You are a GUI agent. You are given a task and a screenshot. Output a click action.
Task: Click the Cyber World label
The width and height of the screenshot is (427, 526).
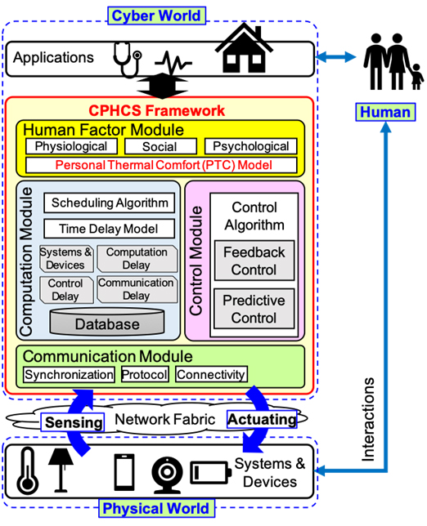(x=156, y=16)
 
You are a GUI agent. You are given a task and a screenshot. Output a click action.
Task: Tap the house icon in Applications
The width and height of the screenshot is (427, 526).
(x=244, y=48)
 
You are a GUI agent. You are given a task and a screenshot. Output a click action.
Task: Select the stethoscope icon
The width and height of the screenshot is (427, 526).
(x=128, y=60)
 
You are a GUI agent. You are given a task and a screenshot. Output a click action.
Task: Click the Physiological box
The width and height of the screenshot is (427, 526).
(x=71, y=146)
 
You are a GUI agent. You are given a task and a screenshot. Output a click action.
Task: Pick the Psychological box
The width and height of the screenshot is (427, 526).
(x=251, y=146)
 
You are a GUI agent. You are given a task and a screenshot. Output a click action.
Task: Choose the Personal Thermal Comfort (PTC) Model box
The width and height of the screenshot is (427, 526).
(x=161, y=165)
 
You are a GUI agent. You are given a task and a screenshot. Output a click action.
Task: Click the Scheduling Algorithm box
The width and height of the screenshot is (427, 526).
(x=109, y=203)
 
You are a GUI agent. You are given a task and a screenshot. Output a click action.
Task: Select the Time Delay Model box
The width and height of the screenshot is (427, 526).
(x=109, y=229)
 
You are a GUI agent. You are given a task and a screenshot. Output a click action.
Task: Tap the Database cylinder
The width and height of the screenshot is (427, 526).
(x=107, y=322)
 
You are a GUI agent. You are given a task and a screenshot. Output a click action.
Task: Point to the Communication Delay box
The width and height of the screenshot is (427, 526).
(x=137, y=289)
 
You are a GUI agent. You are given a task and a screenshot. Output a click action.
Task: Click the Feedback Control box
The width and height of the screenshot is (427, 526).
(x=254, y=261)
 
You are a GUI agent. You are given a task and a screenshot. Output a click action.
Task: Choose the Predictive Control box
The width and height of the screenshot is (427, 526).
(x=254, y=309)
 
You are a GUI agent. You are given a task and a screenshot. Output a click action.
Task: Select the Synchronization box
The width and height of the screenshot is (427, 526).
(x=69, y=374)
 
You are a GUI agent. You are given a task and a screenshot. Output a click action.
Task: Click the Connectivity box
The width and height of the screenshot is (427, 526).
(x=211, y=374)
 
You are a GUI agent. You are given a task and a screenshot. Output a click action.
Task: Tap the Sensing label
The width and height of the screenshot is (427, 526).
(x=73, y=422)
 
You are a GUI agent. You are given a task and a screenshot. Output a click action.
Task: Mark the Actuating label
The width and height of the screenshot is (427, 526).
(x=262, y=419)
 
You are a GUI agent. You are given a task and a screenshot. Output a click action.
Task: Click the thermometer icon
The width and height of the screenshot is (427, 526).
(x=28, y=471)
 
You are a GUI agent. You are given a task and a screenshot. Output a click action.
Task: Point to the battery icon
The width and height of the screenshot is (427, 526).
(x=211, y=473)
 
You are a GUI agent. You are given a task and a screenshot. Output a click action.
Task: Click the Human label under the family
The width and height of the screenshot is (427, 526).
(x=385, y=112)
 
